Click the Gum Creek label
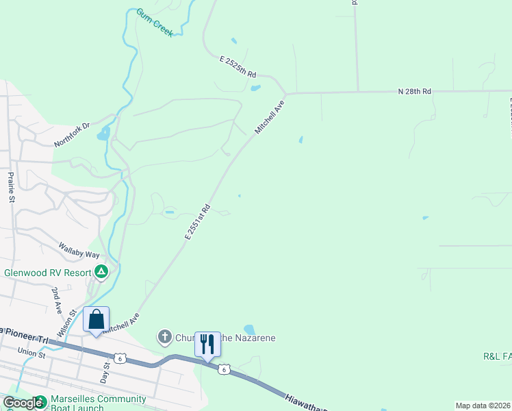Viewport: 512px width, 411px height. point(155,23)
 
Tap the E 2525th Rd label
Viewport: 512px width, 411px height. point(238,67)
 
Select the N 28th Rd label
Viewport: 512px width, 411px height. point(415,91)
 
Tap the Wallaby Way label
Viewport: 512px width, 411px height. point(79,250)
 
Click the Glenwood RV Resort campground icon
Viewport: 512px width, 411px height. point(101,272)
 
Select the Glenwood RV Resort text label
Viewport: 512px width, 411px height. point(48,273)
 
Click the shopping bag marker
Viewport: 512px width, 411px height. point(96,319)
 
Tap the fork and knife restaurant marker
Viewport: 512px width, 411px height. point(207,344)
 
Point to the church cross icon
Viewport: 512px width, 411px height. point(164,337)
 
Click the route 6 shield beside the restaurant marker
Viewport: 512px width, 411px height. point(224,370)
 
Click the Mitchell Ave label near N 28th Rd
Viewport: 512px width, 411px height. point(269,118)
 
